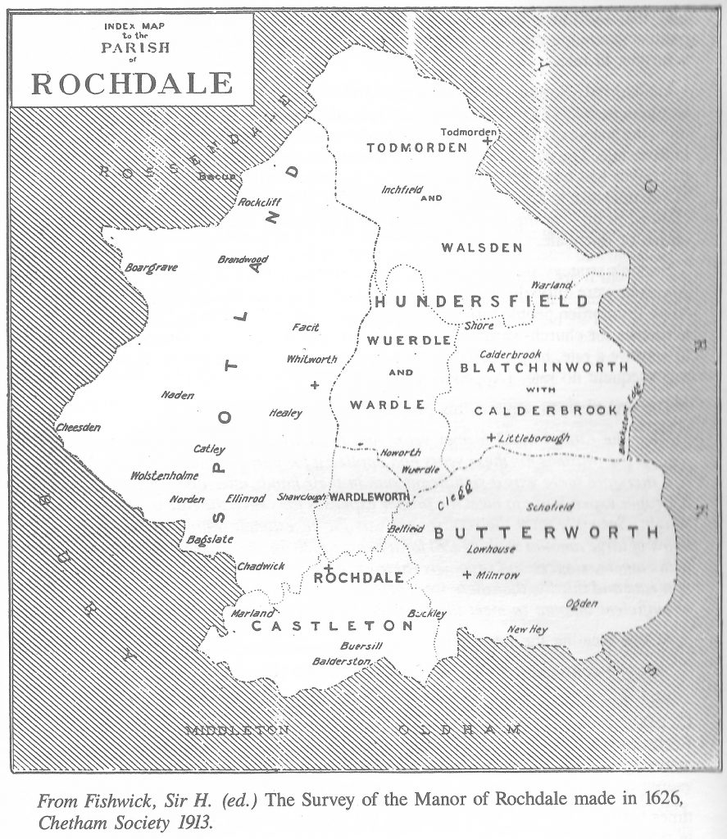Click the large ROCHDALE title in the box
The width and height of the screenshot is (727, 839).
point(132,83)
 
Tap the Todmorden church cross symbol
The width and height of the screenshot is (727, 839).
point(488,142)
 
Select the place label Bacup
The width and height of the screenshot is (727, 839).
point(216,175)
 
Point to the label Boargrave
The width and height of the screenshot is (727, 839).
point(151,267)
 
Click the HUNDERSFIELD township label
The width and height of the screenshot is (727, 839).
point(481,302)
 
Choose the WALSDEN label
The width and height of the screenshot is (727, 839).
point(481,247)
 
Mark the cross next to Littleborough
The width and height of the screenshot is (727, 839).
point(491,438)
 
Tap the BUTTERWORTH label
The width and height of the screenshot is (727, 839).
point(546,533)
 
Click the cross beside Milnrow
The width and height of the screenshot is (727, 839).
point(467,574)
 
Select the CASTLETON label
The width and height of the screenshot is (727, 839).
point(332,626)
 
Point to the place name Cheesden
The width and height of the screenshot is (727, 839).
point(78,427)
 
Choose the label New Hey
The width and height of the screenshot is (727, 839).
point(526,629)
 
